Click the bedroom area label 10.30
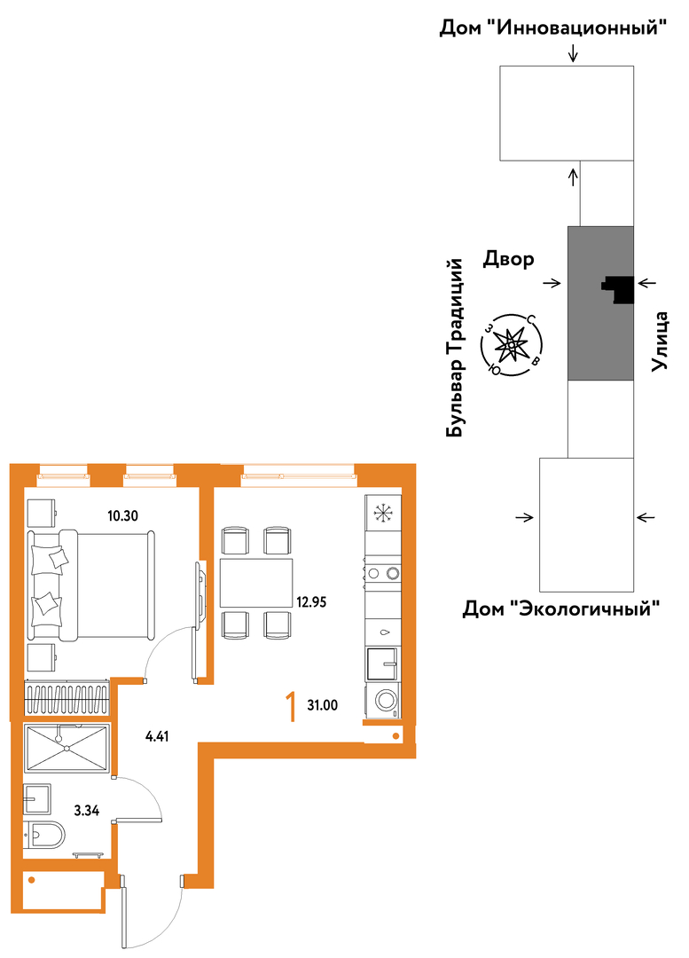(122, 515)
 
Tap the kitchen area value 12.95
(311, 602)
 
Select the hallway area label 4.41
(157, 736)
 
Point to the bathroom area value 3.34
(87, 811)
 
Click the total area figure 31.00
(323, 706)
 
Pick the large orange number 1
(292, 707)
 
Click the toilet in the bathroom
(44, 836)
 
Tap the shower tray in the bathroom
(67, 747)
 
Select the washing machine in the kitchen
(383, 700)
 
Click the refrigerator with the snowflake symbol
(383, 514)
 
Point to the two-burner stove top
(383, 572)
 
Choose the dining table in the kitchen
(256, 583)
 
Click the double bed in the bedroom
(91, 585)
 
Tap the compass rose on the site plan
(512, 346)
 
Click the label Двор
(509, 260)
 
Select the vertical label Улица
(659, 342)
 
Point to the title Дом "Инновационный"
(552, 28)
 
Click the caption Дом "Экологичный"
(561, 609)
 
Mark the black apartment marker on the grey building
(618, 289)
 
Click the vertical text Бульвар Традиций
(455, 349)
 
